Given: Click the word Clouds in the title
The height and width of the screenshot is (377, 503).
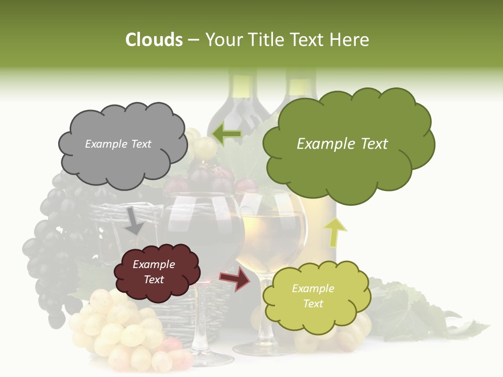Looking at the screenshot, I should tap(154, 40).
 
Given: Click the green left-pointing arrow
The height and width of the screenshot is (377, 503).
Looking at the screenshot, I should tap(226, 135).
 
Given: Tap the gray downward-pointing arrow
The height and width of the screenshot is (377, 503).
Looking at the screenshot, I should tap(134, 220).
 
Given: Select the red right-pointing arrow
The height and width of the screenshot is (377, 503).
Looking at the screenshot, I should tap(235, 279).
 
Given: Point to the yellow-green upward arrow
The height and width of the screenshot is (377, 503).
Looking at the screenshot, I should tap(335, 232).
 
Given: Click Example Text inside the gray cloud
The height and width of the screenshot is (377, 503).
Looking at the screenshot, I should tap(118, 144).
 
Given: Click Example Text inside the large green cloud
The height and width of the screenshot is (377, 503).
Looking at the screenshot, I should tap(342, 144).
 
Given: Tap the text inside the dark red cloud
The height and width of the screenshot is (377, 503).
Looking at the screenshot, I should tap(154, 272).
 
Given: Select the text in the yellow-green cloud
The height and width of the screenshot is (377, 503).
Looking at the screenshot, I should tap(313, 296).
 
